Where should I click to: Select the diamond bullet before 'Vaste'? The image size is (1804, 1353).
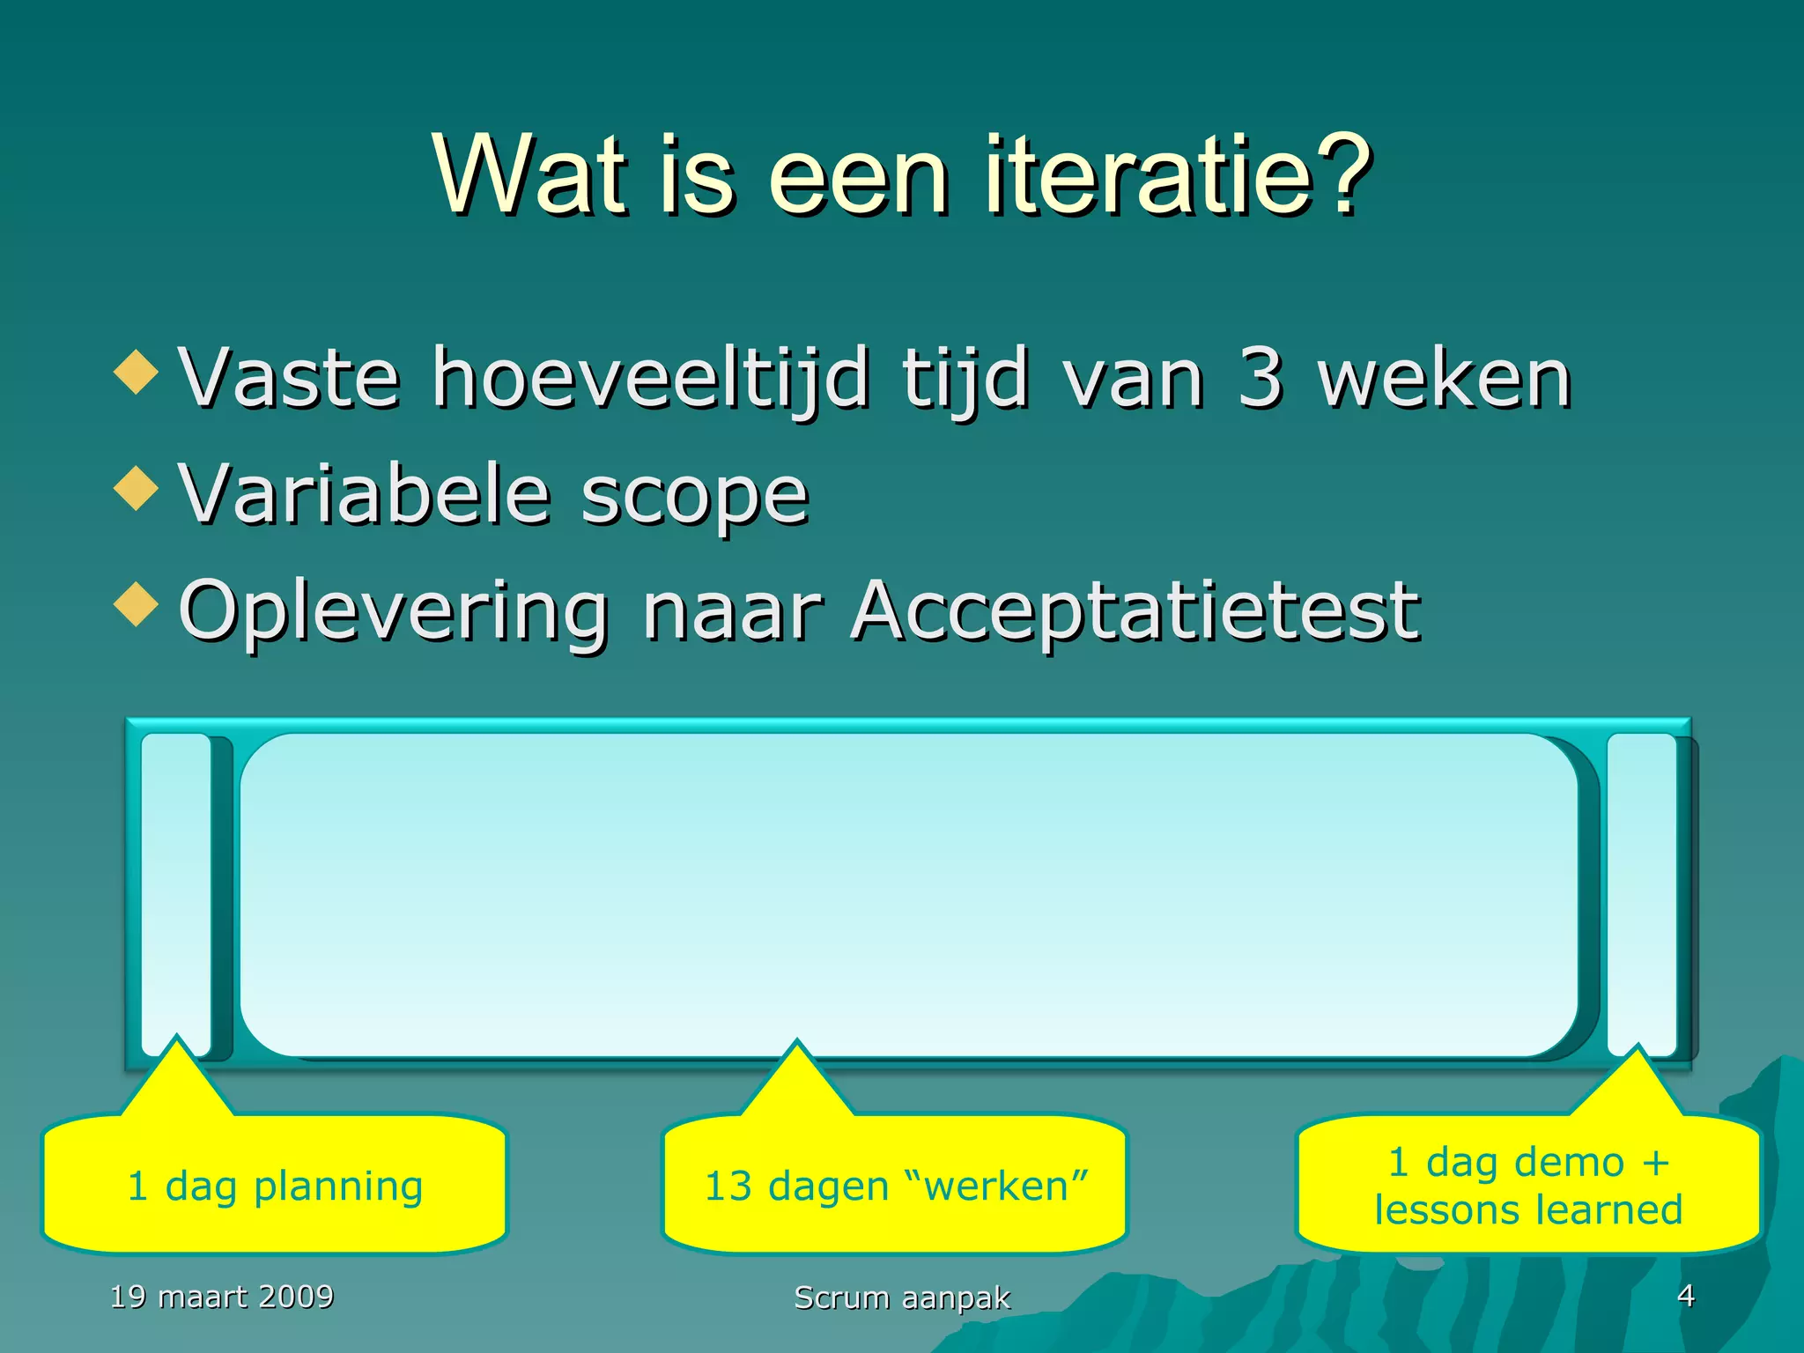click(x=137, y=372)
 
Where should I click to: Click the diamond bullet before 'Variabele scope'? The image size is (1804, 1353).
click(x=137, y=488)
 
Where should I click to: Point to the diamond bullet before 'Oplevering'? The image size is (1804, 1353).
click(x=137, y=604)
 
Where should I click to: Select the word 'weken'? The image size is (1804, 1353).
click(x=1445, y=379)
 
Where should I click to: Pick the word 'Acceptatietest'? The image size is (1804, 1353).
click(x=1136, y=610)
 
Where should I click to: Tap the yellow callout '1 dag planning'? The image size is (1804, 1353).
click(x=275, y=1185)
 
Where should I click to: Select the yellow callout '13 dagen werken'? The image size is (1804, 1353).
click(x=895, y=1185)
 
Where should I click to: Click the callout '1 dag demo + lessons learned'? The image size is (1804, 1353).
click(x=1528, y=1185)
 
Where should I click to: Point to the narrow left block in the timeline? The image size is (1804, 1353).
click(x=176, y=890)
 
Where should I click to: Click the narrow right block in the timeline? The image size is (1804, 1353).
click(x=1641, y=890)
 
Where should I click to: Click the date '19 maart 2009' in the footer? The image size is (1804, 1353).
click(x=222, y=1296)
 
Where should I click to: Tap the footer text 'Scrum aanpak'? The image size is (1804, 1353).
click(x=902, y=1298)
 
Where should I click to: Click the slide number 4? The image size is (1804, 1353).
click(x=1685, y=1295)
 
